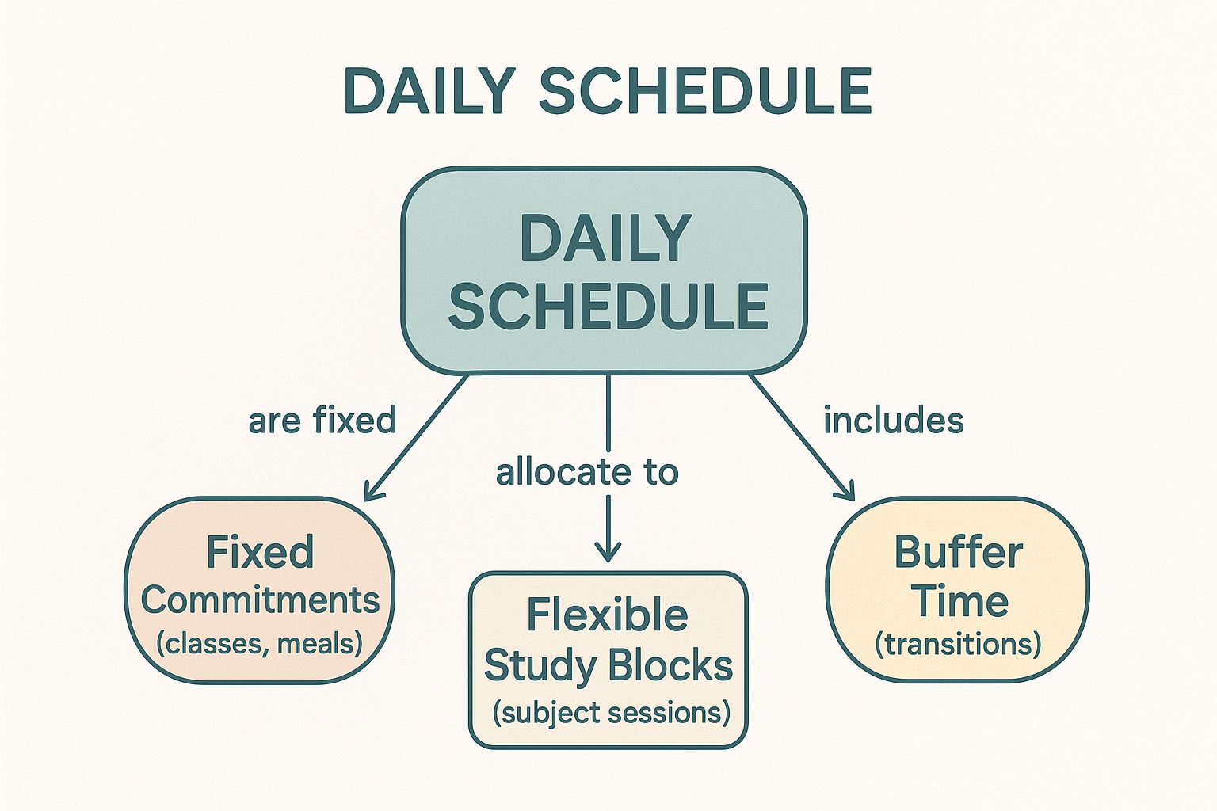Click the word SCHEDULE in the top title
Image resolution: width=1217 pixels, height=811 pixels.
tap(705, 91)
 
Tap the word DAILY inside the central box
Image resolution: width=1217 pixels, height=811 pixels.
tap(605, 238)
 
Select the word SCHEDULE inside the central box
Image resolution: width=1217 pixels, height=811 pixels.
tap(608, 306)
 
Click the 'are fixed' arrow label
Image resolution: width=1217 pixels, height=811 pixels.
tap(322, 420)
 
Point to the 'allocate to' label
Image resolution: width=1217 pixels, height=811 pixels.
tap(587, 473)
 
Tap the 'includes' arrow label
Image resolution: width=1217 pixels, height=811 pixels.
tap(893, 420)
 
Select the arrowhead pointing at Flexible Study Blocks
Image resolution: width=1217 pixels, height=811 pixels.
tap(608, 554)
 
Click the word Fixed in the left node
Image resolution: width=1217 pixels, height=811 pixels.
tap(260, 552)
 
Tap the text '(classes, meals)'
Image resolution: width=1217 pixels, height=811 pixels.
tap(259, 643)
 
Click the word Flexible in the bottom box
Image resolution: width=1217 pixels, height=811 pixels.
tap(607, 615)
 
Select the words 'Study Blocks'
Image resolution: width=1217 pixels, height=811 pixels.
tap(608, 665)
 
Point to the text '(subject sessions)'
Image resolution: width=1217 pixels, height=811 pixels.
tap(611, 712)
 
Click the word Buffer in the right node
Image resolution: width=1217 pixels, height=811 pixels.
tap(958, 552)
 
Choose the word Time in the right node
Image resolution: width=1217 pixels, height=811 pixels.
tap(959, 600)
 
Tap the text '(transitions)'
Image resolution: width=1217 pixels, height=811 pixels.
tap(957, 644)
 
